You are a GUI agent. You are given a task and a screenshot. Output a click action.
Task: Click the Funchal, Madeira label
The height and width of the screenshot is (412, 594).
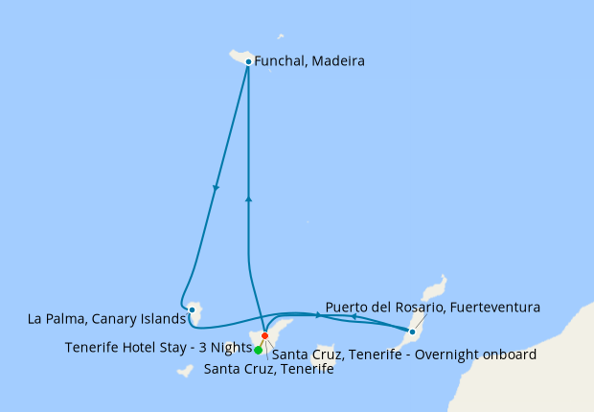point(309,61)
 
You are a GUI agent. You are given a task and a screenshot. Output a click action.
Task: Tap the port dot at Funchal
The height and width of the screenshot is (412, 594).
point(248,61)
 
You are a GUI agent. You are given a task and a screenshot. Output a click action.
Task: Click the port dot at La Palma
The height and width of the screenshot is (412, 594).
point(193,309)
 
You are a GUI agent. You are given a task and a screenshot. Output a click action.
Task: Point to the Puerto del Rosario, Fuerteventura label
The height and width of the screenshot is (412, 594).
point(432,308)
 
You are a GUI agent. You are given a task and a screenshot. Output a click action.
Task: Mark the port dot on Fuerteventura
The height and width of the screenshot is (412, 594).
point(412,332)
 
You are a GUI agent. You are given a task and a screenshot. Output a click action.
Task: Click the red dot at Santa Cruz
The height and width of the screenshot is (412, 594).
point(264,336)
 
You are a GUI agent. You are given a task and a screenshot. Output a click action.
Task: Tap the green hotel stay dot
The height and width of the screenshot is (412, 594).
point(259,350)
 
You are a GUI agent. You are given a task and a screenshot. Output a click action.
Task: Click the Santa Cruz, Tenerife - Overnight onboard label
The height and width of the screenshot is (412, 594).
point(404,355)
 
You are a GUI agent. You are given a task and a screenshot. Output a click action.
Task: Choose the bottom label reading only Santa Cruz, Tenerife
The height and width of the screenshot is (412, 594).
point(268,370)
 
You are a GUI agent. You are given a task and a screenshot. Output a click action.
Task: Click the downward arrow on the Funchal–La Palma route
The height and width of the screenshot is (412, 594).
point(217,188)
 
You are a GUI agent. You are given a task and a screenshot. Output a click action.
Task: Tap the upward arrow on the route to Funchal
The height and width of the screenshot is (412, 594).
point(248,198)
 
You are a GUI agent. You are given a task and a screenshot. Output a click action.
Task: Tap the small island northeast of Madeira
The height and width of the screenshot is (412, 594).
point(280,37)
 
